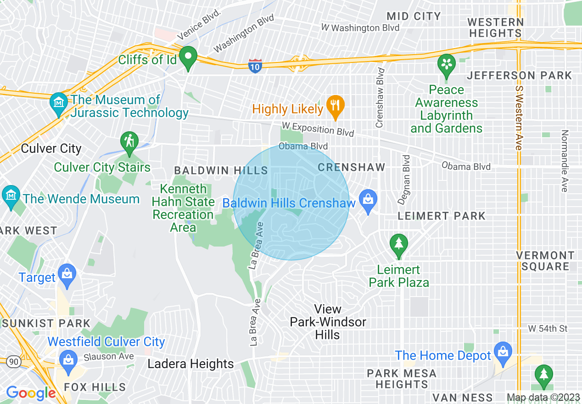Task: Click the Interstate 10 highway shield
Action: [x=255, y=66]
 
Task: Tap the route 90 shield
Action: [x=14, y=362]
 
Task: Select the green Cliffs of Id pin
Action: [x=188, y=58]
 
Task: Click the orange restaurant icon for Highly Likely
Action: [x=336, y=107]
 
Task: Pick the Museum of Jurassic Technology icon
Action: [x=59, y=105]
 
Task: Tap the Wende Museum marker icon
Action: [x=10, y=197]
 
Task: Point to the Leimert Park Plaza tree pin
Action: [x=398, y=245]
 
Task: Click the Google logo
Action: [x=31, y=393]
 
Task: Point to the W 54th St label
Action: [x=548, y=328]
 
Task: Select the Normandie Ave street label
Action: [x=565, y=161]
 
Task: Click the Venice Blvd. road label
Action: [x=199, y=24]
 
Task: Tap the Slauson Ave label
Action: [x=109, y=357]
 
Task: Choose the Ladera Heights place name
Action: [x=190, y=364]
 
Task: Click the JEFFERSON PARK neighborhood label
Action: [x=519, y=75]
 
